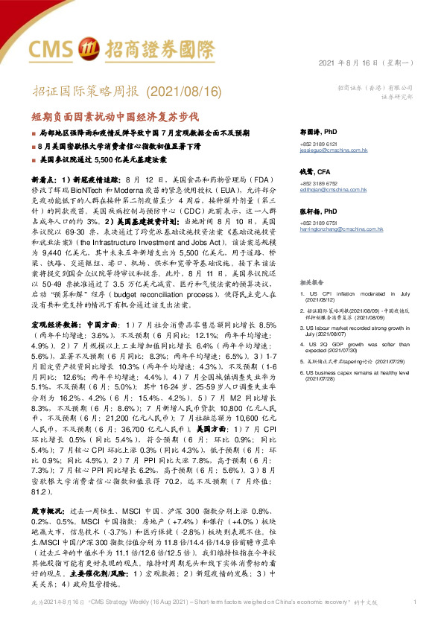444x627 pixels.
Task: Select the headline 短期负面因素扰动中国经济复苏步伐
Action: click(x=115, y=117)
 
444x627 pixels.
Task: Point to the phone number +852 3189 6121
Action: click(x=319, y=144)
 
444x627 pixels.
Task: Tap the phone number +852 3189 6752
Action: click(x=319, y=185)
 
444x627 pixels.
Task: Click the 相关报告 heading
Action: click(x=310, y=284)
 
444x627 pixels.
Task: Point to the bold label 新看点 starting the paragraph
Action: click(x=44, y=179)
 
